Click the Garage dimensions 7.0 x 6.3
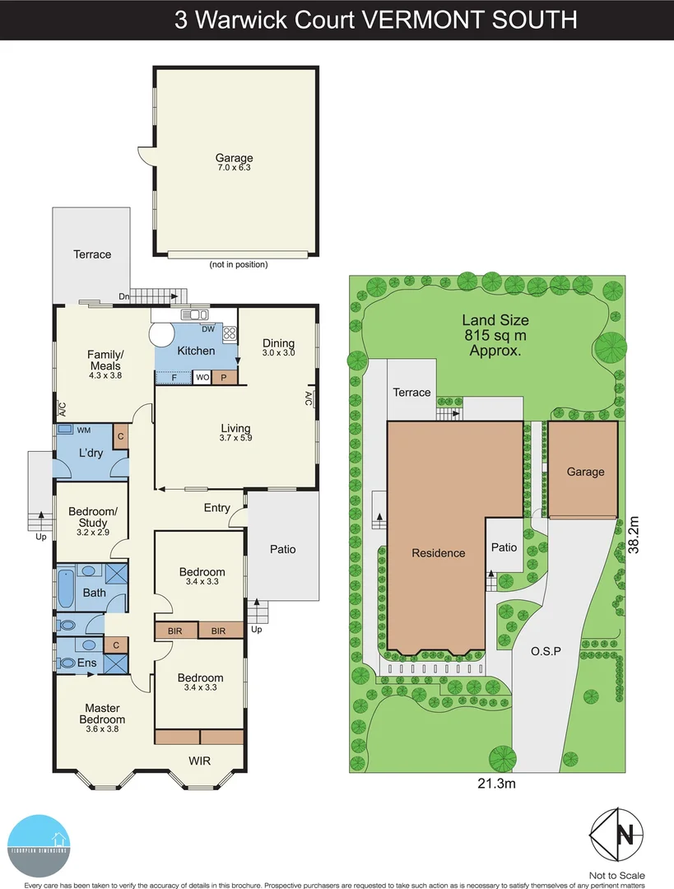[235, 168]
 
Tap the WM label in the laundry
[84, 430]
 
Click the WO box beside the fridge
[202, 378]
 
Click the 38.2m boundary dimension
[633, 535]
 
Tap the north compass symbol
[616, 838]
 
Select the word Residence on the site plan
[438, 553]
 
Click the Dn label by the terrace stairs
[123, 296]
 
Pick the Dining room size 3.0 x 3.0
[278, 352]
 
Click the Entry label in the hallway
[217, 508]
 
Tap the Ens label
[86, 663]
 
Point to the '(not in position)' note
[239, 264]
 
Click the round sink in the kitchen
[161, 335]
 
